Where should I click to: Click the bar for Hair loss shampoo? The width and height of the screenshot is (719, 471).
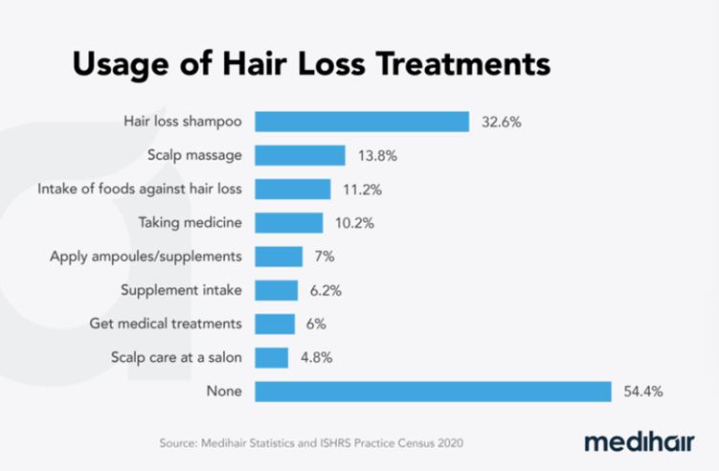(362, 122)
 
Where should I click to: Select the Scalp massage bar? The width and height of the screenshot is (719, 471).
(300, 155)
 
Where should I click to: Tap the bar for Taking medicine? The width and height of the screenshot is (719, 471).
(289, 223)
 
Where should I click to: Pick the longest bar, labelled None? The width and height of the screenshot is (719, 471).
(433, 392)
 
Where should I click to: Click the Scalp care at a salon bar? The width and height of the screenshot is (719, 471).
(272, 358)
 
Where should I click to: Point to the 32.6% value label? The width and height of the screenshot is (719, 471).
(505, 123)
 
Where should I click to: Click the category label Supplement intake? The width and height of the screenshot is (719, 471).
(182, 290)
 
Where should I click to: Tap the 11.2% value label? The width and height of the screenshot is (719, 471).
(365, 190)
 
